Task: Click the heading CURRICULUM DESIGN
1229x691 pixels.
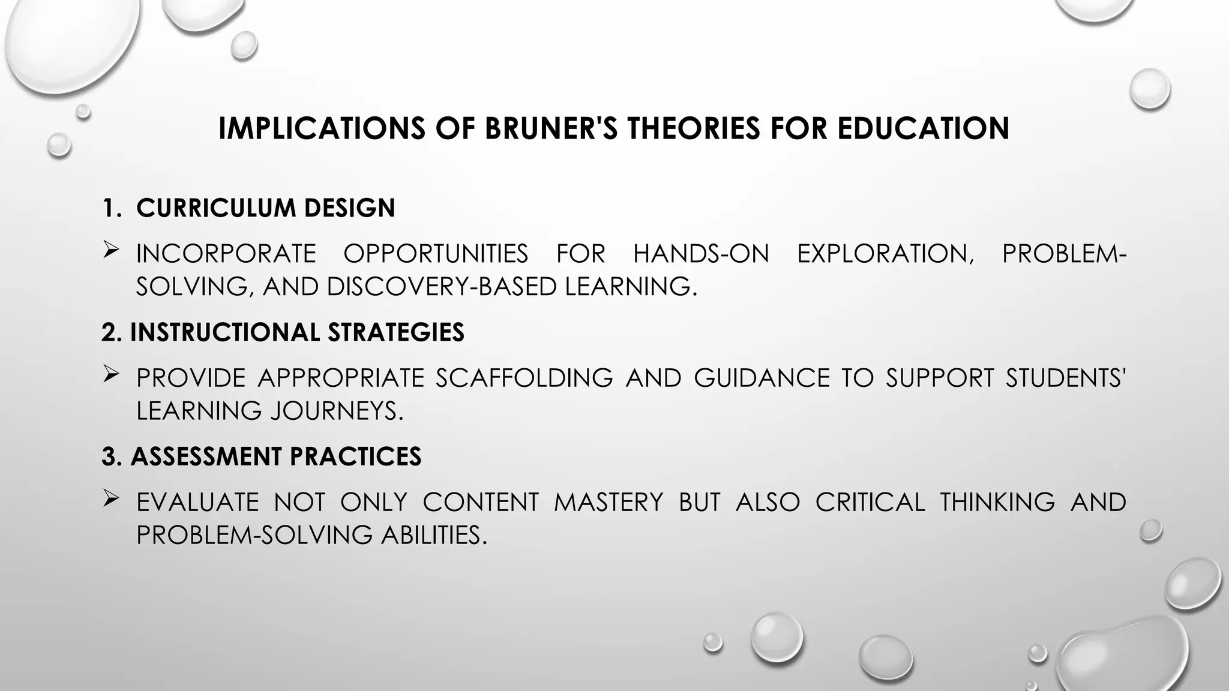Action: click(x=265, y=208)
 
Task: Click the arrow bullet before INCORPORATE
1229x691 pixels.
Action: click(x=110, y=250)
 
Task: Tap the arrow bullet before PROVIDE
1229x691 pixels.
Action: click(x=110, y=374)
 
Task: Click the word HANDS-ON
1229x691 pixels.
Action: click(x=701, y=254)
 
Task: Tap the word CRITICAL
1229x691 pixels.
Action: click(x=870, y=502)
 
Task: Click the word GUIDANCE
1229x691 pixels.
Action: click(x=762, y=378)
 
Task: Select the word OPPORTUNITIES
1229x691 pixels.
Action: click(x=436, y=254)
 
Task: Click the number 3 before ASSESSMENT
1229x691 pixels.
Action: click(x=109, y=456)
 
